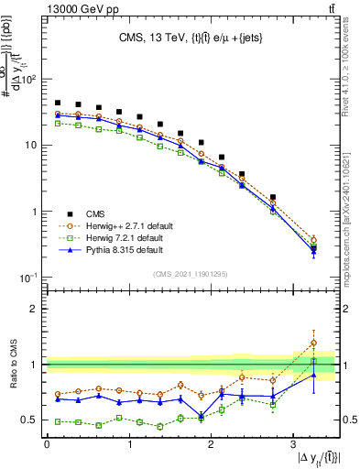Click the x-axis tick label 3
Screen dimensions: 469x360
click(x=292, y=444)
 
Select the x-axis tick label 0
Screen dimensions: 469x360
click(x=47, y=444)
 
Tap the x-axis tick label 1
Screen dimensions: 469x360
click(x=128, y=444)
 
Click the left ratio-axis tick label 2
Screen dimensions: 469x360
click(x=34, y=309)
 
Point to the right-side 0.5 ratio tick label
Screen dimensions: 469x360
click(x=349, y=420)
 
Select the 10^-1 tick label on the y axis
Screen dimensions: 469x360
click(x=26, y=278)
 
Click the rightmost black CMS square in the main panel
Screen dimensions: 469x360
click(x=313, y=248)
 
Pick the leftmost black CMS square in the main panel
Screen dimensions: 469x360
click(x=58, y=104)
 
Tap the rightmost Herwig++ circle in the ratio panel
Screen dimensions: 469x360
click(x=313, y=343)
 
